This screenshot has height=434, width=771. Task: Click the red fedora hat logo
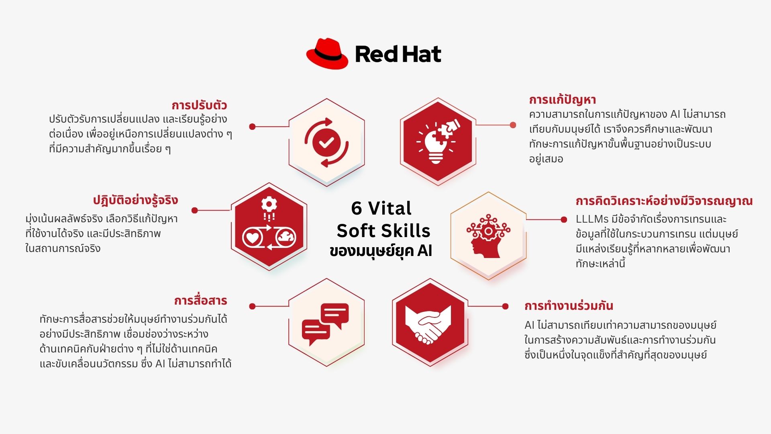327,54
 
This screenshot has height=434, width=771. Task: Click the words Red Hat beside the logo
398,54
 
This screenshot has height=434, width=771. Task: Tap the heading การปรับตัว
199,105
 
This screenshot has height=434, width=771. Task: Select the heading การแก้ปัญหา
562,100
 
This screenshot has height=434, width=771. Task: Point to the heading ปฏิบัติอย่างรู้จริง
135,200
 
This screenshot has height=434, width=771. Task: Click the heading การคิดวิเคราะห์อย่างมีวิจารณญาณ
664,201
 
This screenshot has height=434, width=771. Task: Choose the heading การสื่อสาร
200,301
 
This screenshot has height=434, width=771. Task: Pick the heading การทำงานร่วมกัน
569,306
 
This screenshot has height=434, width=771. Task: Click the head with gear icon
487,236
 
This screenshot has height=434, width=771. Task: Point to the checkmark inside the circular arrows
326,142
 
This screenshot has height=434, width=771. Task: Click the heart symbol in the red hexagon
253,237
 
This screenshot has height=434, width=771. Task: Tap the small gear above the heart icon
269,204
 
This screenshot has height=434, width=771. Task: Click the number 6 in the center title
356,208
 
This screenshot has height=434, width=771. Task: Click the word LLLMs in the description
592,219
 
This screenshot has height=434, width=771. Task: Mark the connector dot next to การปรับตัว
252,127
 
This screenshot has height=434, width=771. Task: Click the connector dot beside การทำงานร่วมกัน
505,306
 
